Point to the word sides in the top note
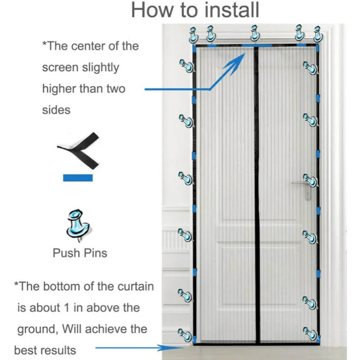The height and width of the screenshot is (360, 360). pyautogui.click(x=56, y=109)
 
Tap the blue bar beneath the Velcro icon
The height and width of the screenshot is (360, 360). pyautogui.click(x=77, y=177)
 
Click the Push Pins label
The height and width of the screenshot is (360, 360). pyautogui.click(x=80, y=252)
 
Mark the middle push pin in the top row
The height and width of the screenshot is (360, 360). pyautogui.click(x=255, y=34)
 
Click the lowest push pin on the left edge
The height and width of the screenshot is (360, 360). pyautogui.click(x=185, y=334)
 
